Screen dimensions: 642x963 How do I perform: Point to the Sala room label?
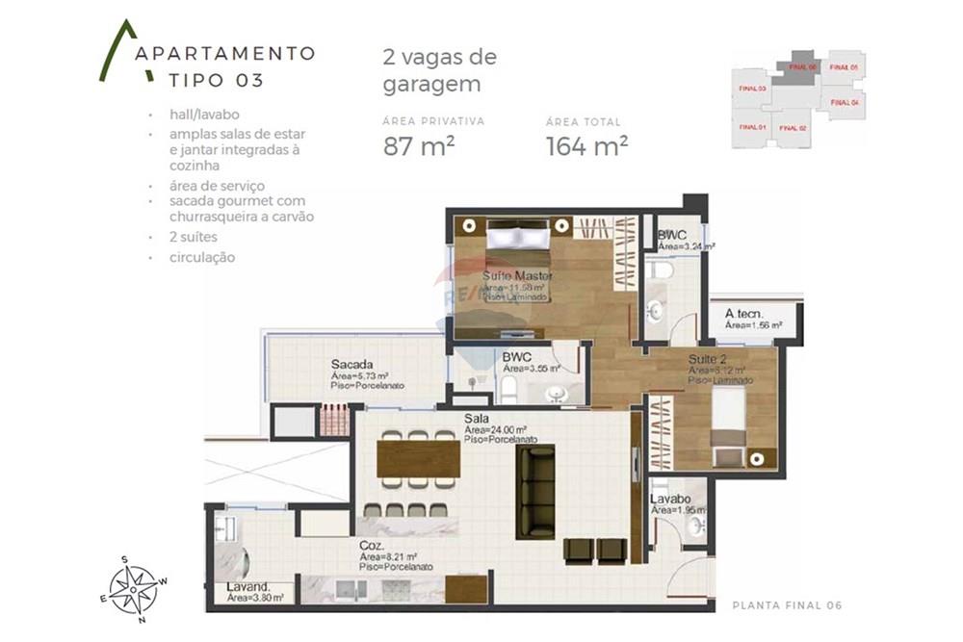478,419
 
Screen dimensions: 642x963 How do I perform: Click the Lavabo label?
667,501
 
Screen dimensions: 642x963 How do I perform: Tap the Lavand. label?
247,586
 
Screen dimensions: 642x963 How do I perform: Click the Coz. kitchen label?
372,545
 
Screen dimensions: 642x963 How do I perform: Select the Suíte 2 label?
708,360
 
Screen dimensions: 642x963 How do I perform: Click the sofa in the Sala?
535,491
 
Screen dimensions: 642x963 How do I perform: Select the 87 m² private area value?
419,146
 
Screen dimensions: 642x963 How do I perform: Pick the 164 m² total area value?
587,146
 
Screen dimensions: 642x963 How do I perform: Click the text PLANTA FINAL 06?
787,605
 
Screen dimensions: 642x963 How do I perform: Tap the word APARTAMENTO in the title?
225,53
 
